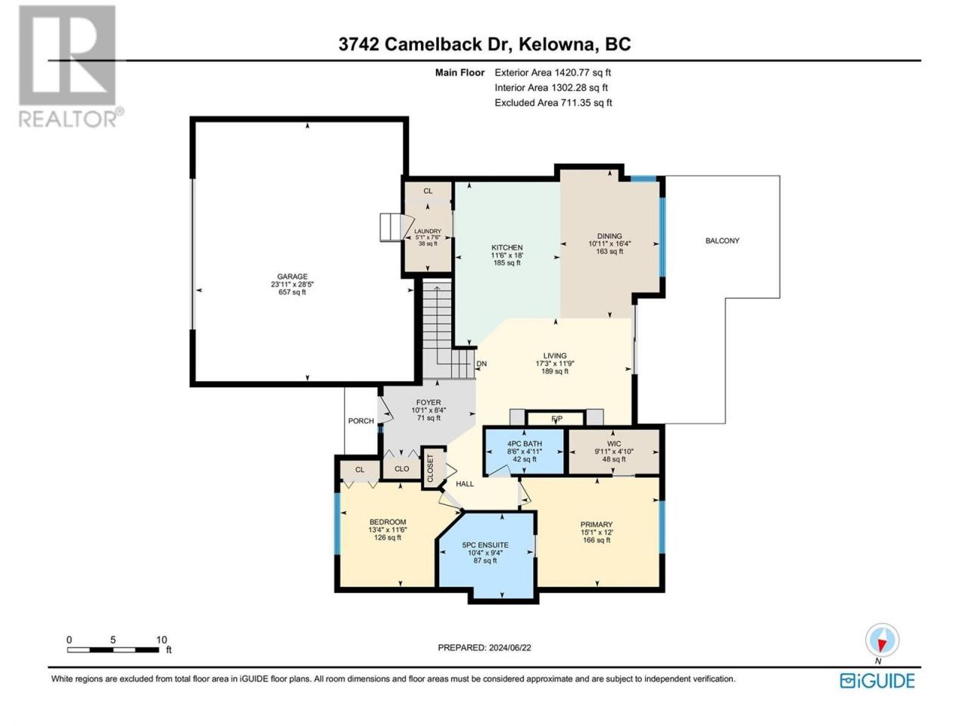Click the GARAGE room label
click(291, 277)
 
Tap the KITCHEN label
click(506, 248)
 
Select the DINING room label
click(609, 236)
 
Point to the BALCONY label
click(722, 240)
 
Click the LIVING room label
click(555, 355)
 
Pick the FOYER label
click(428, 402)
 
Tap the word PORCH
click(360, 421)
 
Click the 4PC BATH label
click(525, 444)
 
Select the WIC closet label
click(614, 444)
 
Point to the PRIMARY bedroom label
click(597, 525)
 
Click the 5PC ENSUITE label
click(485, 545)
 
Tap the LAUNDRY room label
click(427, 231)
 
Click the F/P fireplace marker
click(557, 418)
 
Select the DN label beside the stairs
click(481, 364)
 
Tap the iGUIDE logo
click(877, 681)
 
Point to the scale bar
click(113, 650)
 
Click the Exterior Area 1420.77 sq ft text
click(553, 73)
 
